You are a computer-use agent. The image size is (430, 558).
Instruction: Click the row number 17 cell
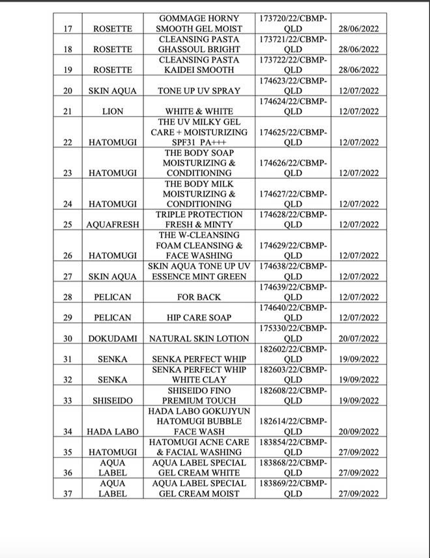pyautogui.click(x=68, y=29)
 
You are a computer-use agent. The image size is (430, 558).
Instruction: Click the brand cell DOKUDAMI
pyautogui.click(x=113, y=339)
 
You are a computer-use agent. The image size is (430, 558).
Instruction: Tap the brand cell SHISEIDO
pyautogui.click(x=113, y=400)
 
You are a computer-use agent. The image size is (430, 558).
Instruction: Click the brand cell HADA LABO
pyautogui.click(x=113, y=432)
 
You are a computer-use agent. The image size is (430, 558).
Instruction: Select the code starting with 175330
pyautogui.click(x=293, y=334)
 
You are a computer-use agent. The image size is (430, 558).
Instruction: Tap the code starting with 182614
pyautogui.click(x=293, y=426)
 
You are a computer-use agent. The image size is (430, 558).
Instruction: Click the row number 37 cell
pyautogui.click(x=68, y=493)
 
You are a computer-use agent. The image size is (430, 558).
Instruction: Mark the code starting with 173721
pyautogui.click(x=293, y=44)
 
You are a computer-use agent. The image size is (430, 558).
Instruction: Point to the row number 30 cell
pyautogui.click(x=68, y=339)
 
